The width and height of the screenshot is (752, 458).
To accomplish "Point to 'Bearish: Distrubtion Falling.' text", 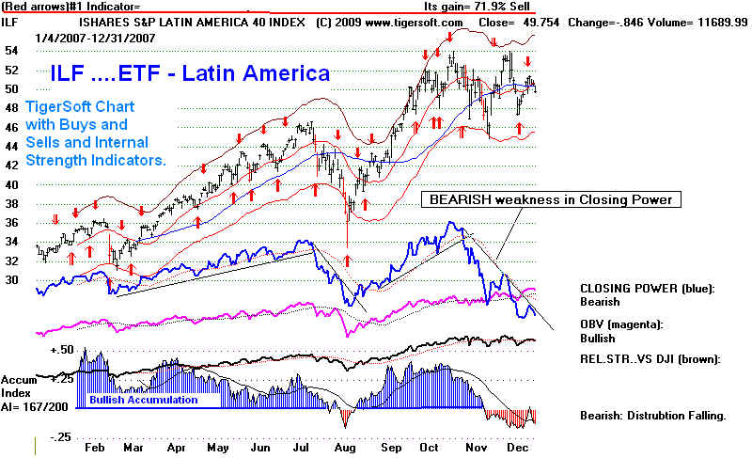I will click(653, 415).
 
